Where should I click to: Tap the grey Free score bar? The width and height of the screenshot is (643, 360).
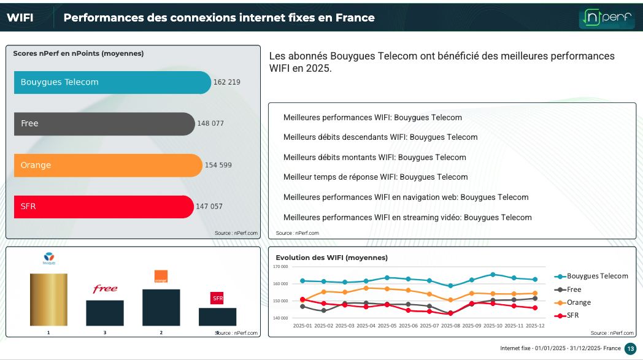pos(104,123)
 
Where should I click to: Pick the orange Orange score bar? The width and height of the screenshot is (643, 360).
pos(108,165)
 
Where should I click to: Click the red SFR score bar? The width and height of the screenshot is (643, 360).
pos(104,207)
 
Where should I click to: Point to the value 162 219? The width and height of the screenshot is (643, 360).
pos(227,82)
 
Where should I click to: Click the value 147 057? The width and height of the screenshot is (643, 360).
pos(209,207)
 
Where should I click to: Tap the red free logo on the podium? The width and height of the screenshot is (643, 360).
pos(105,289)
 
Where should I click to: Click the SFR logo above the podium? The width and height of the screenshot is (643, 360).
pos(217,298)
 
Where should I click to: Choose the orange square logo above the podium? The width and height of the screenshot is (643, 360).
pos(161,277)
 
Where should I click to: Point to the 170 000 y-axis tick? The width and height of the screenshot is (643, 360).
pos(280,267)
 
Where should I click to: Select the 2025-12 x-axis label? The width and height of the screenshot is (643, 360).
pos(535,326)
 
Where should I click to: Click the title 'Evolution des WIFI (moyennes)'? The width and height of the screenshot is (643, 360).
pos(331,258)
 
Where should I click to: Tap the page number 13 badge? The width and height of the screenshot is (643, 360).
pos(630,348)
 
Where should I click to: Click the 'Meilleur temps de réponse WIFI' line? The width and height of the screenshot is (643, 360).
pos(375,177)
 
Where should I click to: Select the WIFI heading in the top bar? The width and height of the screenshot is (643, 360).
pos(20,18)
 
